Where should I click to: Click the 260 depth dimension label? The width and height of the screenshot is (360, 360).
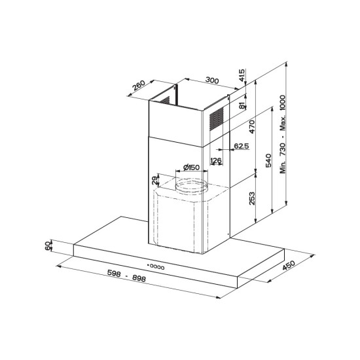point(139,85)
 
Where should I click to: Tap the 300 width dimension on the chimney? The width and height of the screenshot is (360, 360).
point(212,81)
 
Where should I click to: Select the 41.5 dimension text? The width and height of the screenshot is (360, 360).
point(242,75)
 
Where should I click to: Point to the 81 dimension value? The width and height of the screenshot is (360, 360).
point(242,106)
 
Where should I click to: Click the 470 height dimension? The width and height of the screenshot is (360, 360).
point(252,126)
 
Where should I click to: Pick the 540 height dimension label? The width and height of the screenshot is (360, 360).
point(268,160)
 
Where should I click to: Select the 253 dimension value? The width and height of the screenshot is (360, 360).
point(252,198)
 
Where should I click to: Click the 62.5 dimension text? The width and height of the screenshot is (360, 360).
point(242,146)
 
